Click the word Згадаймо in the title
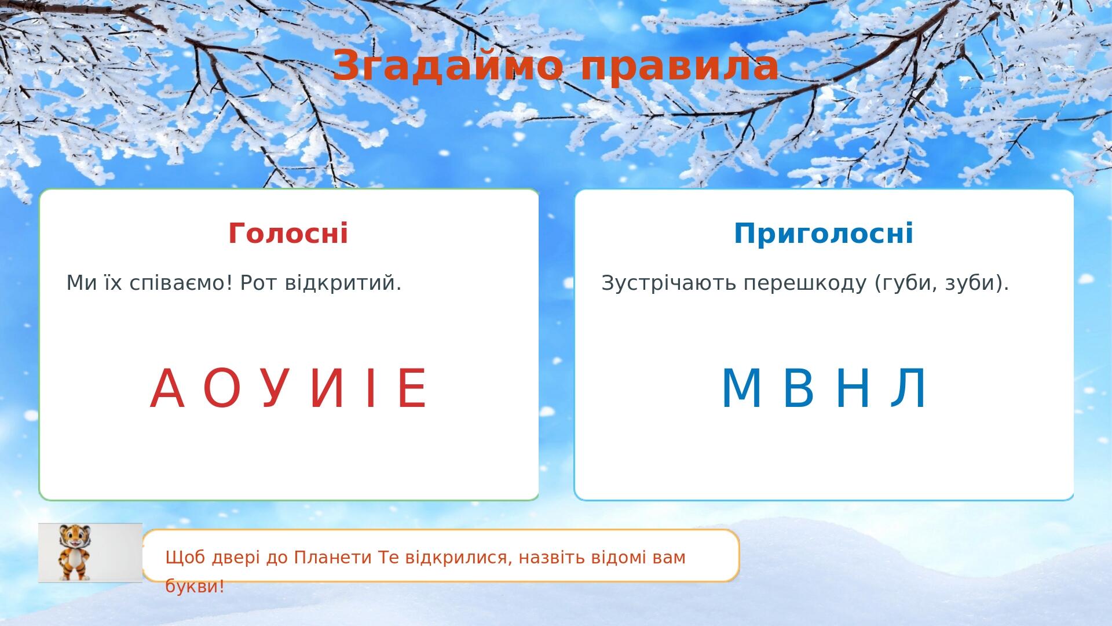tap(448, 65)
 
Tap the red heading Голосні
tap(288, 233)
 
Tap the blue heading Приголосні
tap(824, 234)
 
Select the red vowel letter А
tap(167, 388)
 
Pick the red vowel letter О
tap(222, 388)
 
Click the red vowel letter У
tap(275, 388)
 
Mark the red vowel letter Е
tap(412, 388)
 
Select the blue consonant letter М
tap(741, 388)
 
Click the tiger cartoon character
tap(74, 552)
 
